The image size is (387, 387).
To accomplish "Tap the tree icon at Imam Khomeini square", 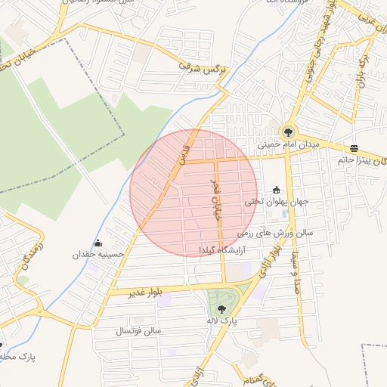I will point(288,132).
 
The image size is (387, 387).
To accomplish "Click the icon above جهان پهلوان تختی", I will point(276,190).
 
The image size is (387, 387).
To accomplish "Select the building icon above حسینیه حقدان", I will point(98,243).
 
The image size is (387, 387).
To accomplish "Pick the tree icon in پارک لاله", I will point(221,308).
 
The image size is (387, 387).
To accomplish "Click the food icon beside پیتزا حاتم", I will point(354,147).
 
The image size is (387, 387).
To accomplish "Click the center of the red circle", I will point(194,193).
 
